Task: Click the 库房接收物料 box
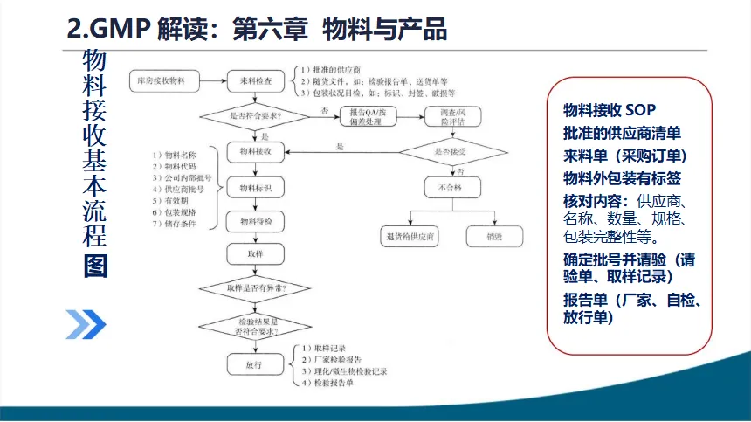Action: pos(162,81)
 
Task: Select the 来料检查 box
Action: pos(255,81)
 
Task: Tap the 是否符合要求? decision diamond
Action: pos(255,114)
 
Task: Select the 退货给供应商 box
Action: pos(410,236)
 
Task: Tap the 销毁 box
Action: pos(494,236)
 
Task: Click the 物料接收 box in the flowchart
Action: pos(255,151)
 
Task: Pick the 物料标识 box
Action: pos(255,187)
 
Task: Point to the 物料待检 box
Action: pos(255,221)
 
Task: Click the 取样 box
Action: pos(255,254)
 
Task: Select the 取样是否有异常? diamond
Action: pos(255,287)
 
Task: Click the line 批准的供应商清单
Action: pos(622,133)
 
